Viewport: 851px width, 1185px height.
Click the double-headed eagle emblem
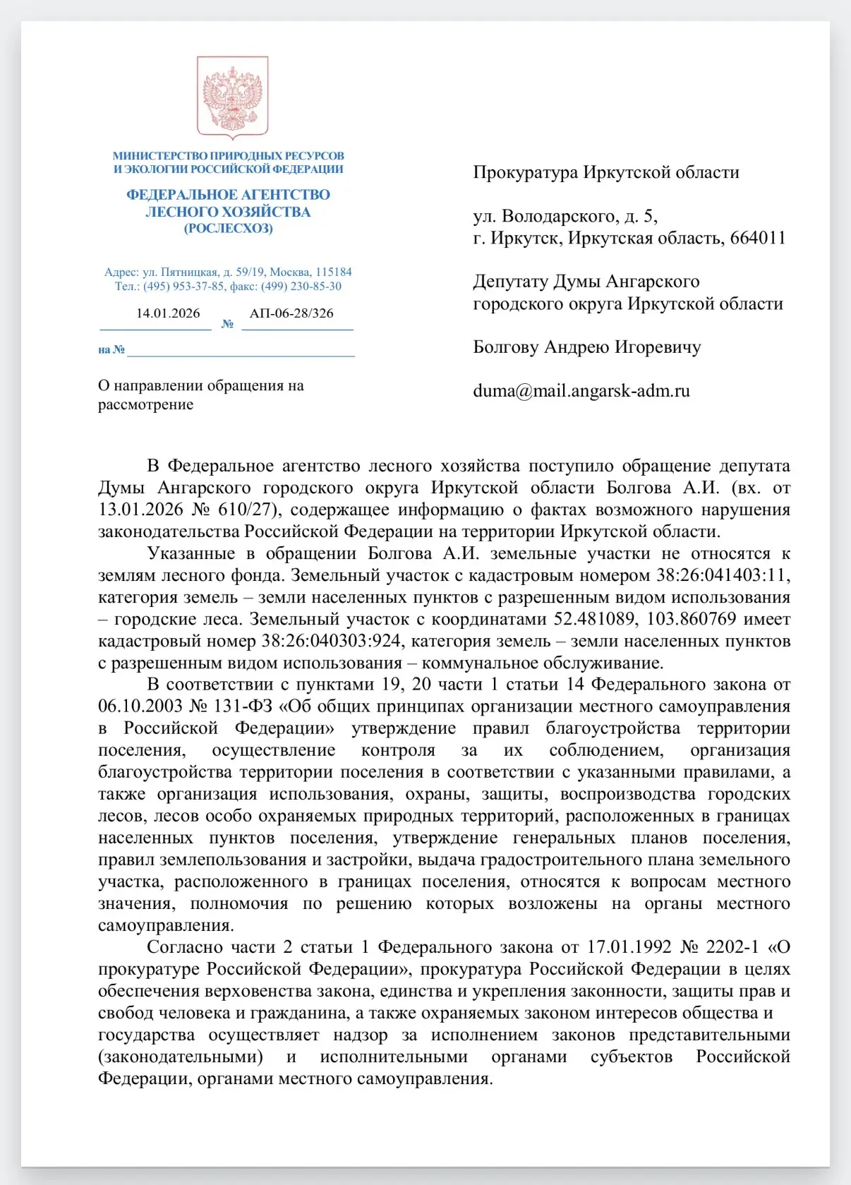(232, 97)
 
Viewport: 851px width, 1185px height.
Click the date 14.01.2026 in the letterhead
(168, 313)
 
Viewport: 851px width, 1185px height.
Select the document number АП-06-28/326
(291, 313)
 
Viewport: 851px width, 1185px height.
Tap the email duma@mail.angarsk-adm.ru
(581, 391)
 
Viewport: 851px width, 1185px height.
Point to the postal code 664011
(758, 238)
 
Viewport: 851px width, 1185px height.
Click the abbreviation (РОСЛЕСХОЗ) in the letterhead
(228, 229)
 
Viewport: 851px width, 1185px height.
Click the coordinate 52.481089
(598, 619)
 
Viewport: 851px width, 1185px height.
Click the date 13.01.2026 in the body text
(140, 510)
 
